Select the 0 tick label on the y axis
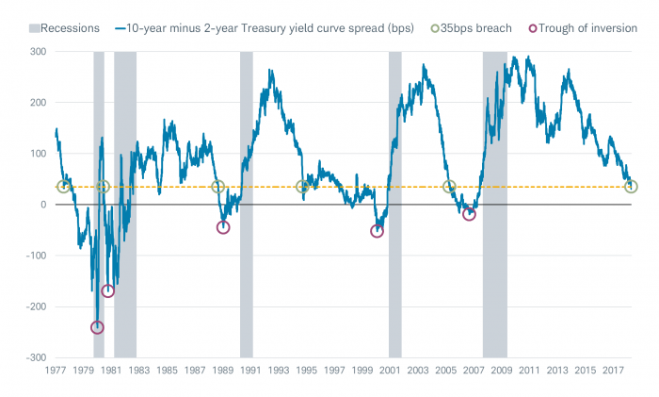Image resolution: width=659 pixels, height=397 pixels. coord(42,205)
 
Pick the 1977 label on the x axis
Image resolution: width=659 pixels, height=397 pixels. coord(56,371)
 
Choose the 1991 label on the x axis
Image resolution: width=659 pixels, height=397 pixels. coord(250,371)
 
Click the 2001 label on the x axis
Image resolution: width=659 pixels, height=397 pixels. coord(390,371)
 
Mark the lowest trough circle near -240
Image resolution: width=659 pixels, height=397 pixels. coord(97,327)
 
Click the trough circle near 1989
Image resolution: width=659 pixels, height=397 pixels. coord(223,227)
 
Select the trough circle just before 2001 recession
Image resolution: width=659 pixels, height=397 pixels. coord(378,230)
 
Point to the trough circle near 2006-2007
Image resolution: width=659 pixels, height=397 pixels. coord(469,215)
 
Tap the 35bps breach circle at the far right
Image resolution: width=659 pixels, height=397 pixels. coord(632,187)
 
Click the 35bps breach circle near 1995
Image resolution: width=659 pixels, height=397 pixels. coord(302,187)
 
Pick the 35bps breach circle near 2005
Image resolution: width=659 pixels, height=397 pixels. coord(449,187)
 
